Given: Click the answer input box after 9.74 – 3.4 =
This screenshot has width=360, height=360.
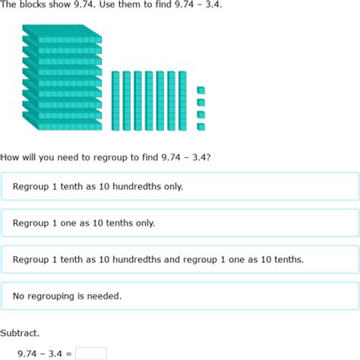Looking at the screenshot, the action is click(x=91, y=353).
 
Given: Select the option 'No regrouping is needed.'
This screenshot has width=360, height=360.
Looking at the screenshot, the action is click(x=180, y=296).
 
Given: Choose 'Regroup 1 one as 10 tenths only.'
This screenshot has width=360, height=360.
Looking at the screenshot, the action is click(x=180, y=223).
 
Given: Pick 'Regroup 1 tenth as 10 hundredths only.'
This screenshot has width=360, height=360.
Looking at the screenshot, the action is click(x=180, y=186).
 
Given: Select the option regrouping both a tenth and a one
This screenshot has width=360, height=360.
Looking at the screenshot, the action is click(x=180, y=260).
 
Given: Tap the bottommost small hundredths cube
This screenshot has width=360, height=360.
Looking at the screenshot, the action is click(x=201, y=125).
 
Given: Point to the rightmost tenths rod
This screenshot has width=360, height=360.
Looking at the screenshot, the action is click(x=182, y=101).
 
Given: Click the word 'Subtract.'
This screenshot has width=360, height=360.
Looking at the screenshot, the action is click(x=21, y=333).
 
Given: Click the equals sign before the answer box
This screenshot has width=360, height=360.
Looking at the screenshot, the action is click(x=68, y=353).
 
